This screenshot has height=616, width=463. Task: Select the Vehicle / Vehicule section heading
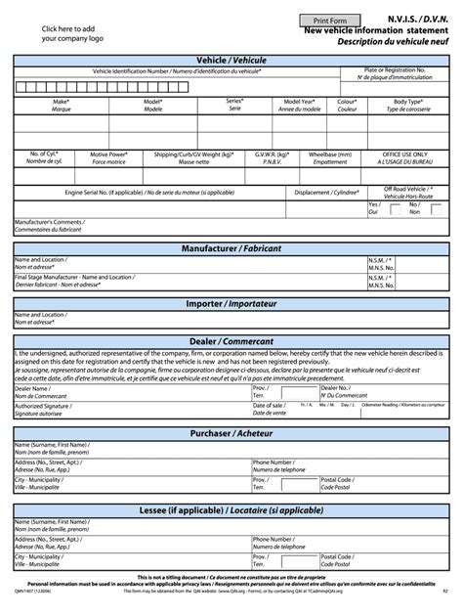(231, 61)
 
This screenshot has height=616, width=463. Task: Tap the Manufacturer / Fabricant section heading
(231, 249)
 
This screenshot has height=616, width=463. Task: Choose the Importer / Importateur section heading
(231, 304)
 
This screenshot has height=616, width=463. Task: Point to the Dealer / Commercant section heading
(231, 341)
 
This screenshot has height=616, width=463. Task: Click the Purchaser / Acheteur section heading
(231, 433)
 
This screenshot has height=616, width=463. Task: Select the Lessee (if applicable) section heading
(231, 511)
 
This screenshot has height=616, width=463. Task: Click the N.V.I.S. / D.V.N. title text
(409, 19)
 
